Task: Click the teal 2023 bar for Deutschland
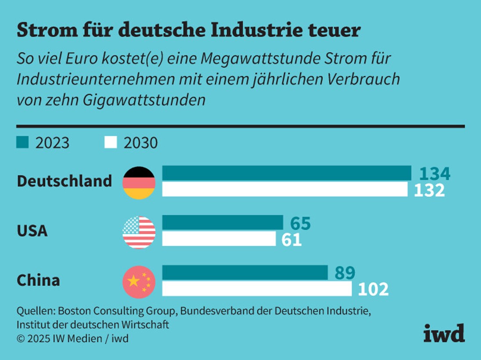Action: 287,173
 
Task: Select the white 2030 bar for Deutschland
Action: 285,189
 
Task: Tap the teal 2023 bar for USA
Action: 223,223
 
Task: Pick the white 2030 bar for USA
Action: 219,239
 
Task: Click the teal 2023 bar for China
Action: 245,272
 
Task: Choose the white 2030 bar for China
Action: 257,289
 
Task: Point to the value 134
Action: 435,174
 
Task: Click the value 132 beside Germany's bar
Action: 429,190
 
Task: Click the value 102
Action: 373,289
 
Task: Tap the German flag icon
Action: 139,183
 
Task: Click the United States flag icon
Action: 139,232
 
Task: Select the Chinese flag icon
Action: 139,281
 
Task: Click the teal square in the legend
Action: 22,142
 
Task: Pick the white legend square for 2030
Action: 110,142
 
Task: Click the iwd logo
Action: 444,334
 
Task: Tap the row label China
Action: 38,281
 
